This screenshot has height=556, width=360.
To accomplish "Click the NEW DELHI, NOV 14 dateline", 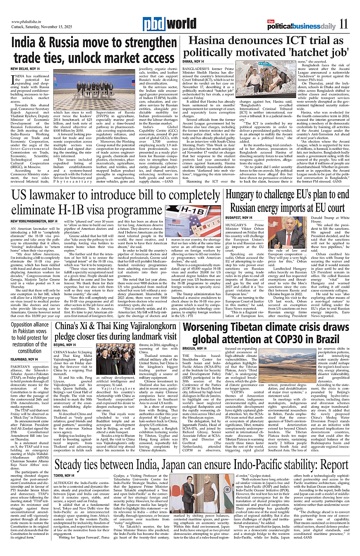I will point(25,68).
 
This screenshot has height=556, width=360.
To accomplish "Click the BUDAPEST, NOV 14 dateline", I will point(239,218).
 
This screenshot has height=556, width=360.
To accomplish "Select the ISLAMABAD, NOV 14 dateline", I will point(25,359).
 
